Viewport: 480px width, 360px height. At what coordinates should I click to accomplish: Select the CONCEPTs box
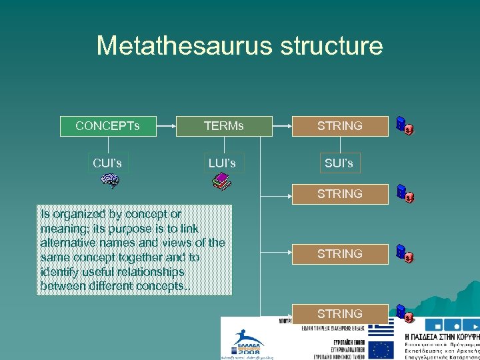tap(108, 126)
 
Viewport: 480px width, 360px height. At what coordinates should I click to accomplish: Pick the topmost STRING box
tap(340, 126)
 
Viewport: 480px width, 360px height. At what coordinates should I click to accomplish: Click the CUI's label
tap(108, 163)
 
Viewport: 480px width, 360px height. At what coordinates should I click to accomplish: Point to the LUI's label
tap(222, 163)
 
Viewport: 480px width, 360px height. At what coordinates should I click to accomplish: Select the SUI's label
tap(340, 163)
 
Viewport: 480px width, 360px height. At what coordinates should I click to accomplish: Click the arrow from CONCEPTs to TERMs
tap(166, 125)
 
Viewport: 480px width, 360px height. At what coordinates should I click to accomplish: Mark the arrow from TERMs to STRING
tap(282, 125)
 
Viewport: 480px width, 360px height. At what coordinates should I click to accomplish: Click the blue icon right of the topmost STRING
tap(403, 126)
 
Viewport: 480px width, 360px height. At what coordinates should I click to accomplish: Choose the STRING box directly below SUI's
tap(340, 194)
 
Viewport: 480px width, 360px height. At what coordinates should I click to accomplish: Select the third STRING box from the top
tap(340, 254)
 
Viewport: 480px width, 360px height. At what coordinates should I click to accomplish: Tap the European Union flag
tap(382, 349)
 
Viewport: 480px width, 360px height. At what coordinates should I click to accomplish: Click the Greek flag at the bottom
tap(382, 331)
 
